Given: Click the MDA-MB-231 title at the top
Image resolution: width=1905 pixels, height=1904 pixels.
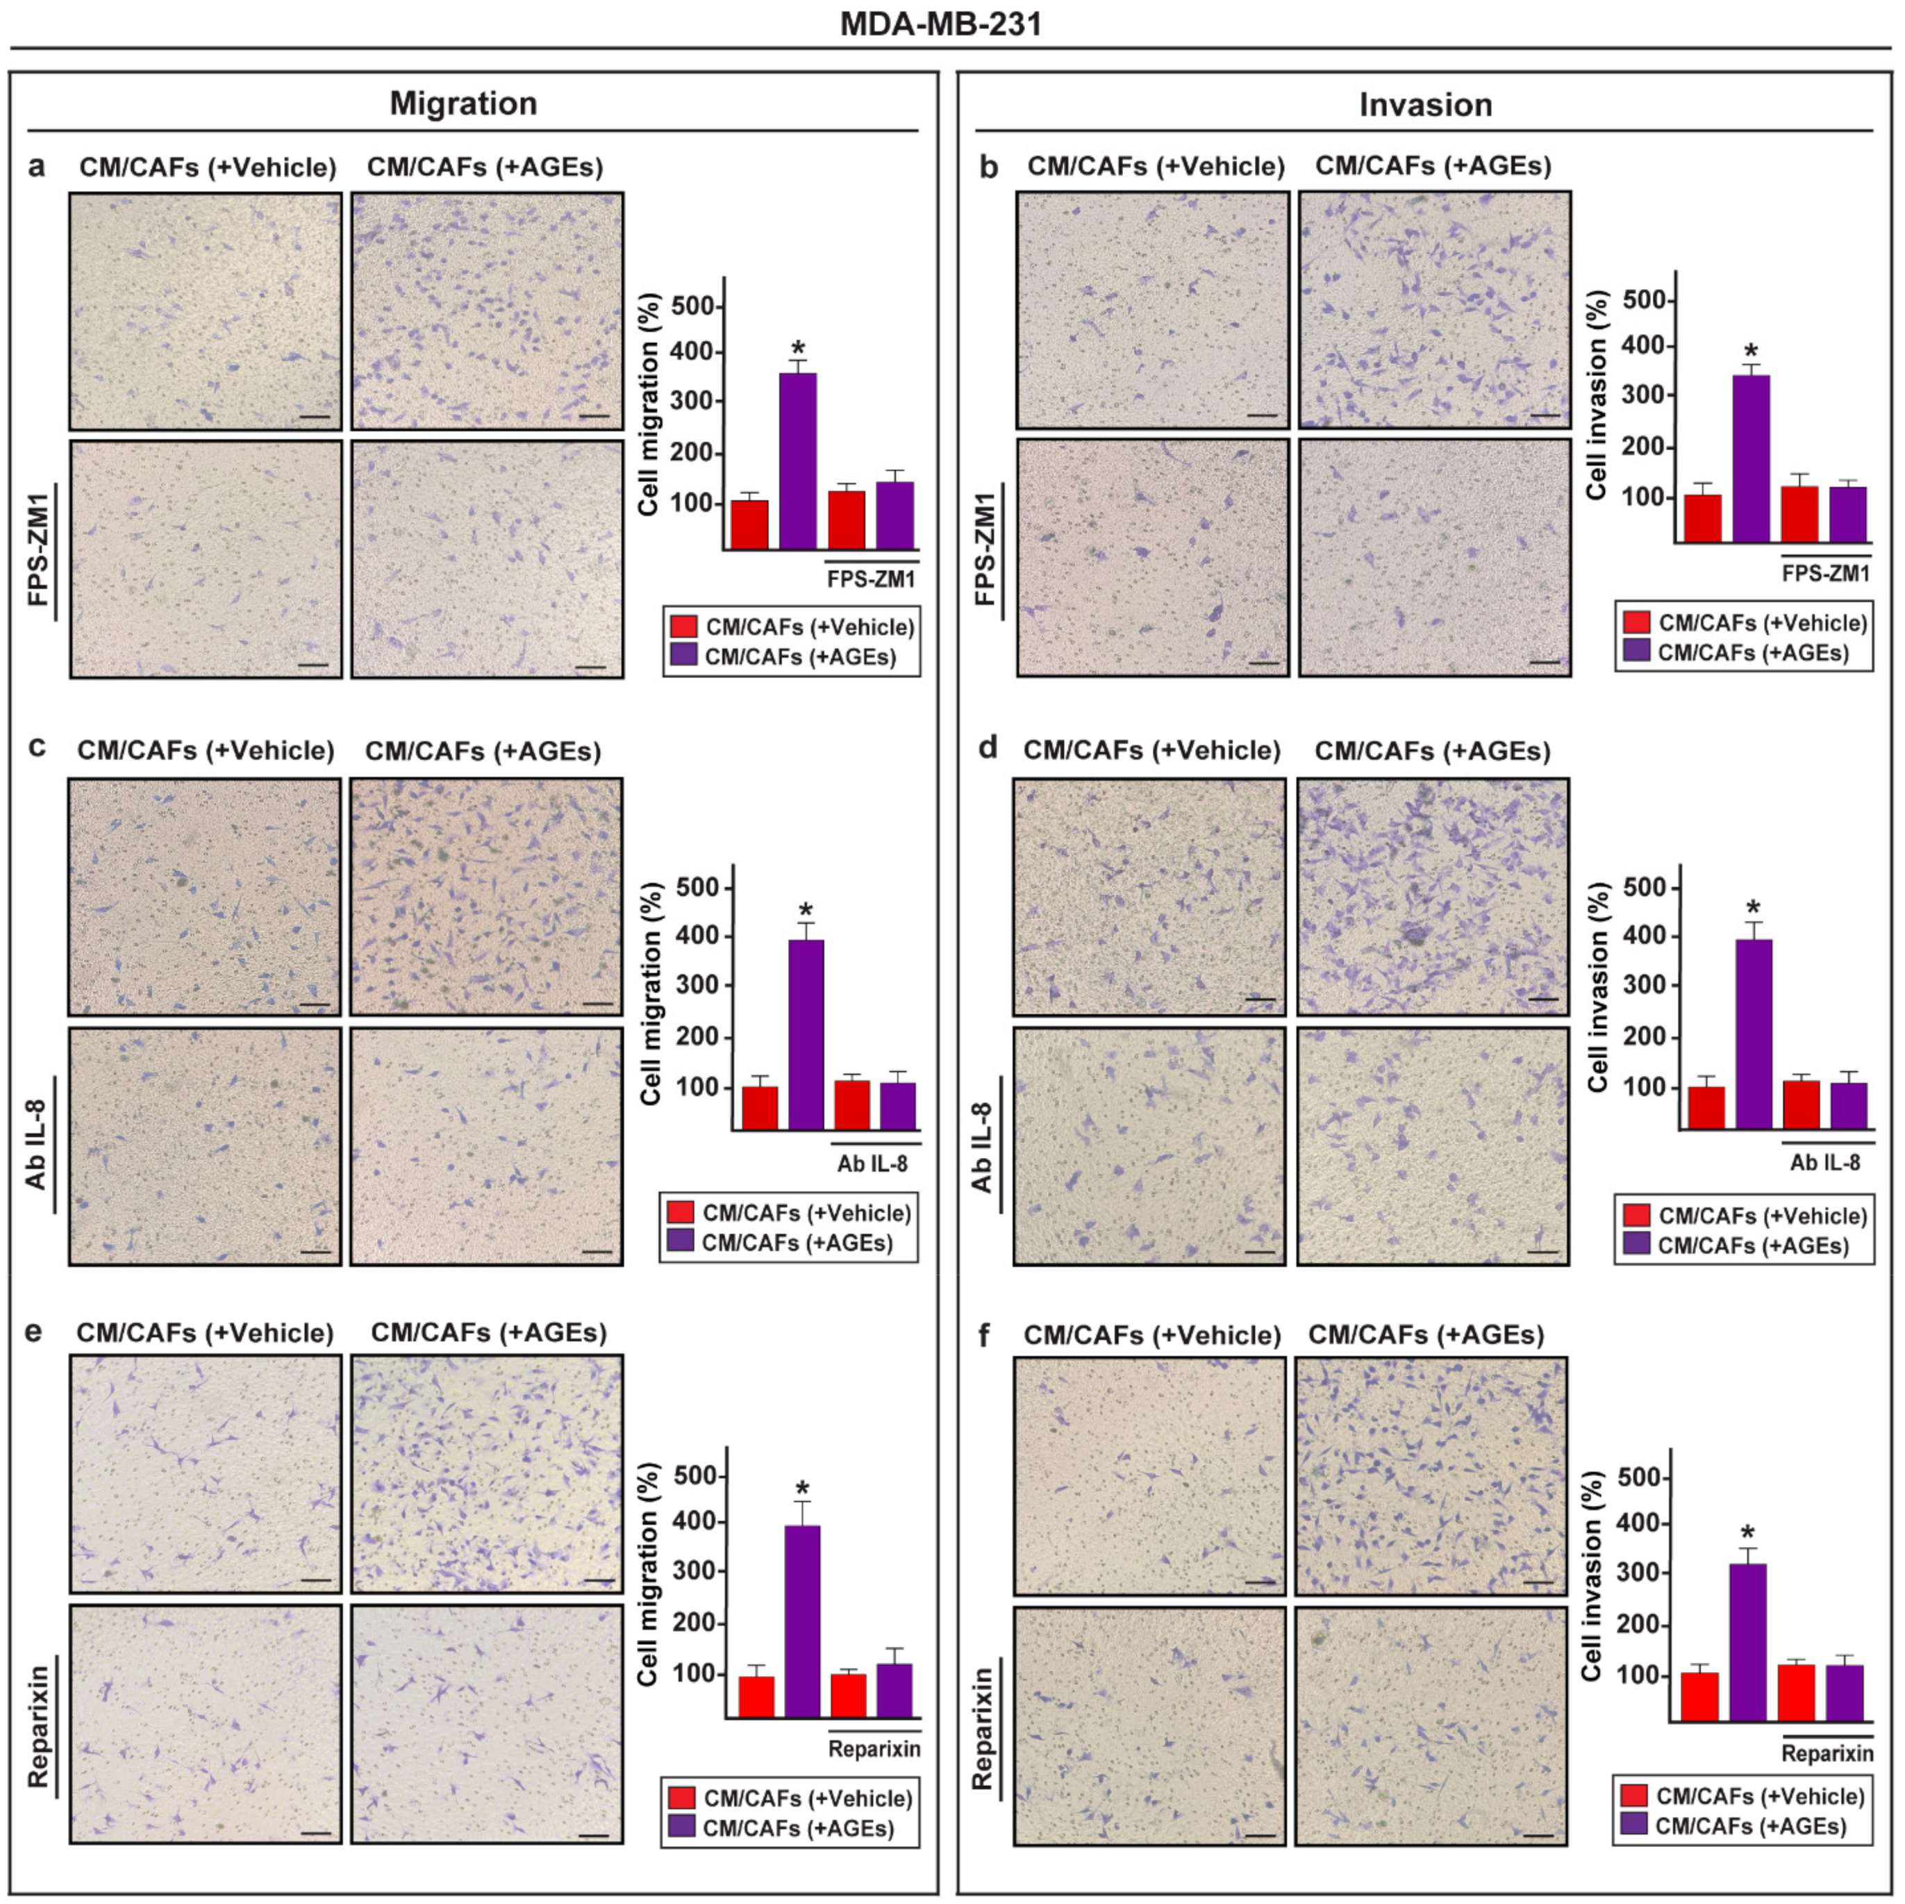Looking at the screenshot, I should (x=940, y=23).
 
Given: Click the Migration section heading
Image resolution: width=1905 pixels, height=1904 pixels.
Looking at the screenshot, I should (x=463, y=103).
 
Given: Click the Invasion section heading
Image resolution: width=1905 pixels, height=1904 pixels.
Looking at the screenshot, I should (x=1425, y=104).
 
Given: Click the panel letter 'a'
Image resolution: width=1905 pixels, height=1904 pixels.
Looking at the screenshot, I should (x=37, y=167).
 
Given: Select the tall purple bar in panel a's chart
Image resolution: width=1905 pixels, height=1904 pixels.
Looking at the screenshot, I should (x=798, y=461).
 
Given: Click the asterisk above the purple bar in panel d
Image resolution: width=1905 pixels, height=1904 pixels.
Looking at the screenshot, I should (x=1752, y=908).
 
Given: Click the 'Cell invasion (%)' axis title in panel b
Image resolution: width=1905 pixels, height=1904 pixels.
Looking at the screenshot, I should (x=1597, y=395).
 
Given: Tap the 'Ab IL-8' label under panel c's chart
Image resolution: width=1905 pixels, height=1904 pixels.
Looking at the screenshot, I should (x=872, y=1164).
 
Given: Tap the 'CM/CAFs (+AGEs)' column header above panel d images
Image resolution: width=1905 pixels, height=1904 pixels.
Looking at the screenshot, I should (x=1432, y=752).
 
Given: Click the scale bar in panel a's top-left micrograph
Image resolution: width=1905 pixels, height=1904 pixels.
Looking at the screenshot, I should (x=313, y=416).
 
